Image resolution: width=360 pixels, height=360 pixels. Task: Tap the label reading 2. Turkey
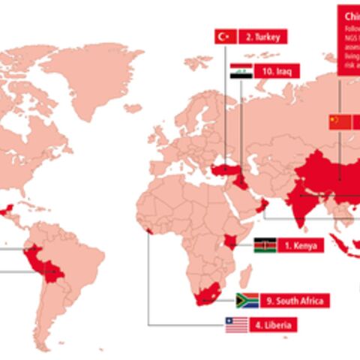coord(262,36)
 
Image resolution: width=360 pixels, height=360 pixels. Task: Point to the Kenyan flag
coord(264,245)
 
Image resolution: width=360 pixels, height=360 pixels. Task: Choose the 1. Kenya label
coord(300,245)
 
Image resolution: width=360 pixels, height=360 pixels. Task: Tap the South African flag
coord(247,301)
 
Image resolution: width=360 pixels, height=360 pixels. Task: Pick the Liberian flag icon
coord(236,325)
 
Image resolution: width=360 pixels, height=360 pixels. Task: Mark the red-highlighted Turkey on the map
coord(223,170)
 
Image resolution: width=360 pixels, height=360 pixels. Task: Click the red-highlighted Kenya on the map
coord(232,242)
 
